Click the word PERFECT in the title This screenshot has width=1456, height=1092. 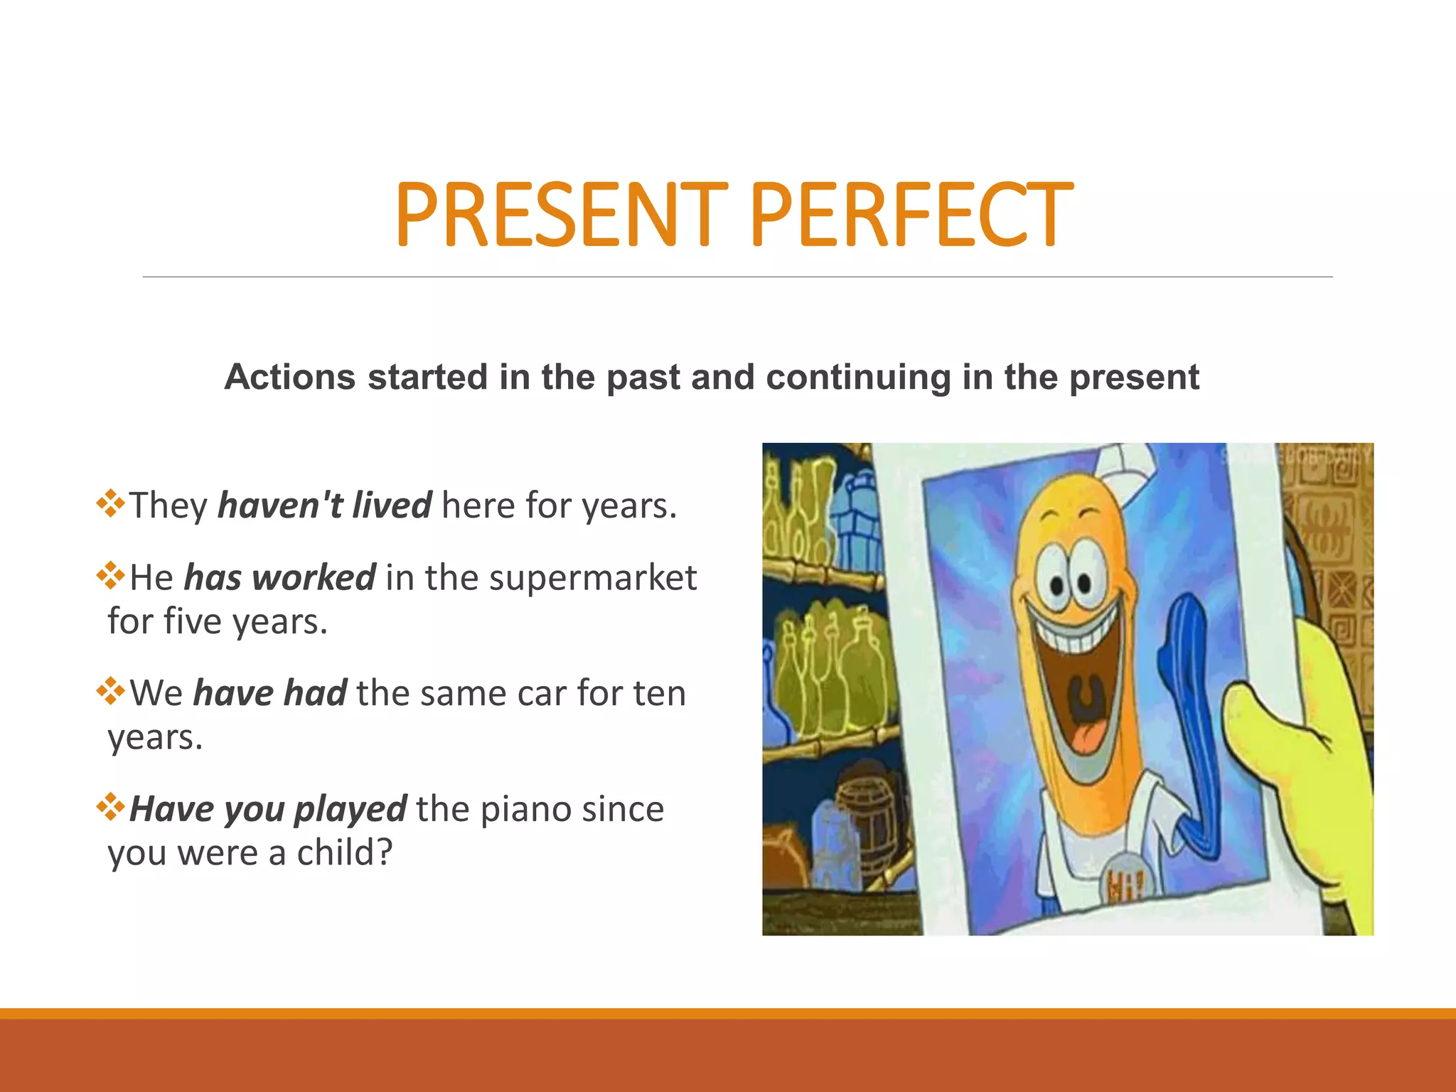click(911, 215)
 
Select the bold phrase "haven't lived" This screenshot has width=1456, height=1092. click(324, 505)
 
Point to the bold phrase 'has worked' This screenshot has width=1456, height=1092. click(279, 577)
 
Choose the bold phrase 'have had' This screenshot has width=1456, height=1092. click(270, 693)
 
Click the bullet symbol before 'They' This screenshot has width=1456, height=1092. click(111, 503)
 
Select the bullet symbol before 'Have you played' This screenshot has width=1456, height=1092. click(111, 807)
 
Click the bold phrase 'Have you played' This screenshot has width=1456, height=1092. click(268, 809)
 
